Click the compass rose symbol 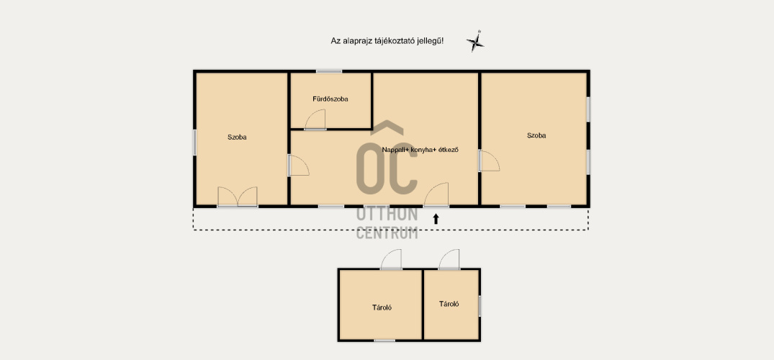(475, 42)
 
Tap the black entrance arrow (436, 219)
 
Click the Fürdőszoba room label (330, 99)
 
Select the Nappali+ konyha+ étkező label (420, 150)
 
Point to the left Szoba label (237, 138)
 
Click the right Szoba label (536, 135)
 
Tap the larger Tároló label (382, 307)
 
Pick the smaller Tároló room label (449, 304)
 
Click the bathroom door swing (315, 120)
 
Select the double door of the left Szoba (238, 197)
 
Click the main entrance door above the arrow (436, 194)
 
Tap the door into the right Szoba (489, 161)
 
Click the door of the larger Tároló (391, 259)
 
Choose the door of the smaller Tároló (449, 259)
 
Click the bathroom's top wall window (329, 71)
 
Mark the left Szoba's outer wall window (194, 143)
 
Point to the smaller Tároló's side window (480, 306)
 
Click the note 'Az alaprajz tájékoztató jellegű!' (387, 42)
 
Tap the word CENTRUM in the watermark (387, 232)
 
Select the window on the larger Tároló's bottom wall (384, 341)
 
